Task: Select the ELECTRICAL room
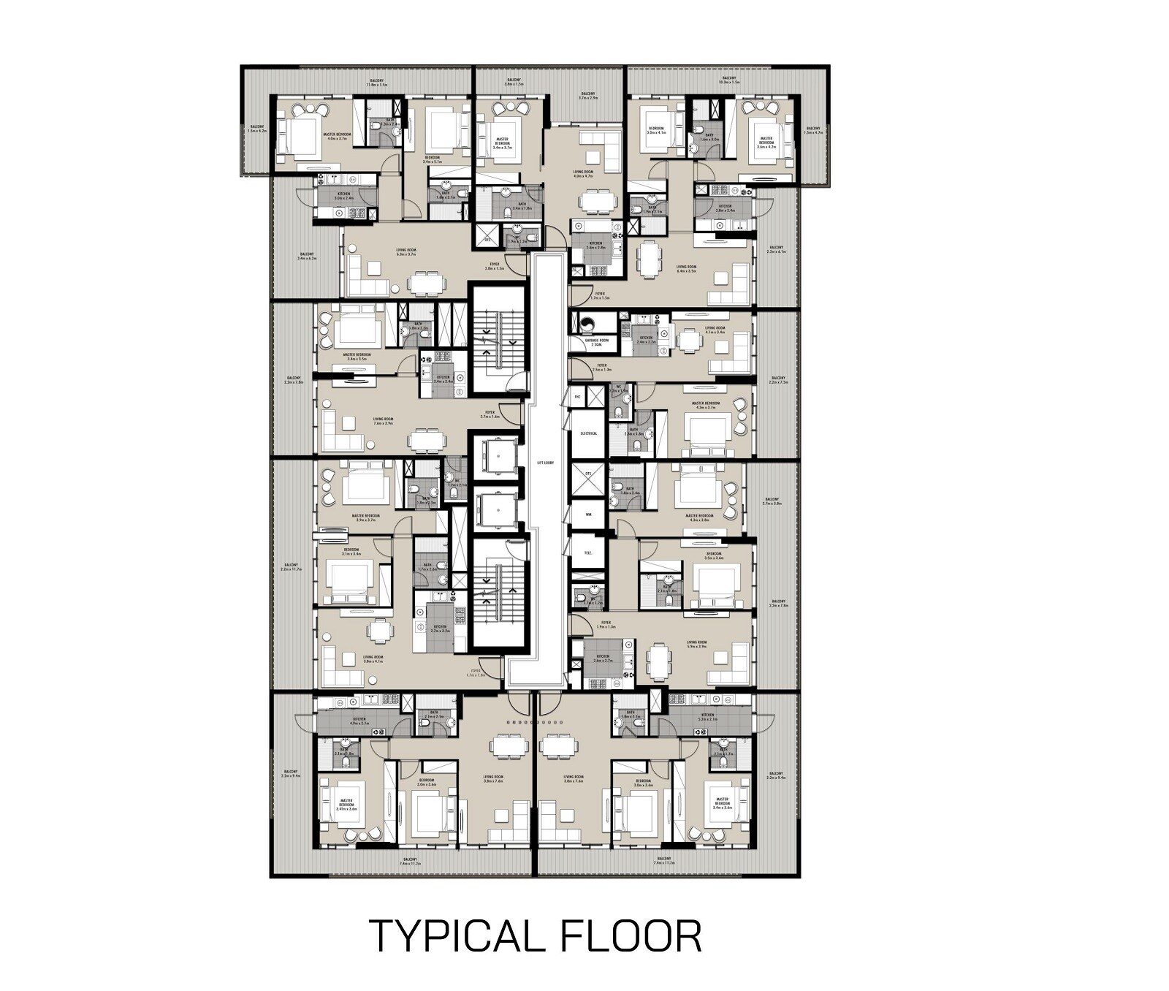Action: click(x=588, y=433)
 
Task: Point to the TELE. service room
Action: click(x=588, y=553)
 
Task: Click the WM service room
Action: click(x=588, y=514)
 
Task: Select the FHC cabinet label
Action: click(x=577, y=397)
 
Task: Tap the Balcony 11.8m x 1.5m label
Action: click(x=377, y=82)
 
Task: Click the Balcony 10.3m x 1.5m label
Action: click(x=729, y=80)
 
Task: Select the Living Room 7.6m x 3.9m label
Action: click(x=383, y=422)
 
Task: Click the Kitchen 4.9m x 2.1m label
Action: click(x=359, y=721)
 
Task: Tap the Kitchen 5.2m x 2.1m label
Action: click(x=707, y=717)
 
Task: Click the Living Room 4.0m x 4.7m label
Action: click(x=583, y=174)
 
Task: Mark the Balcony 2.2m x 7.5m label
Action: click(x=777, y=380)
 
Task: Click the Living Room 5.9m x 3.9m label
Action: click(x=696, y=645)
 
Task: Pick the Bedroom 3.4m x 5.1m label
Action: click(x=433, y=159)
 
